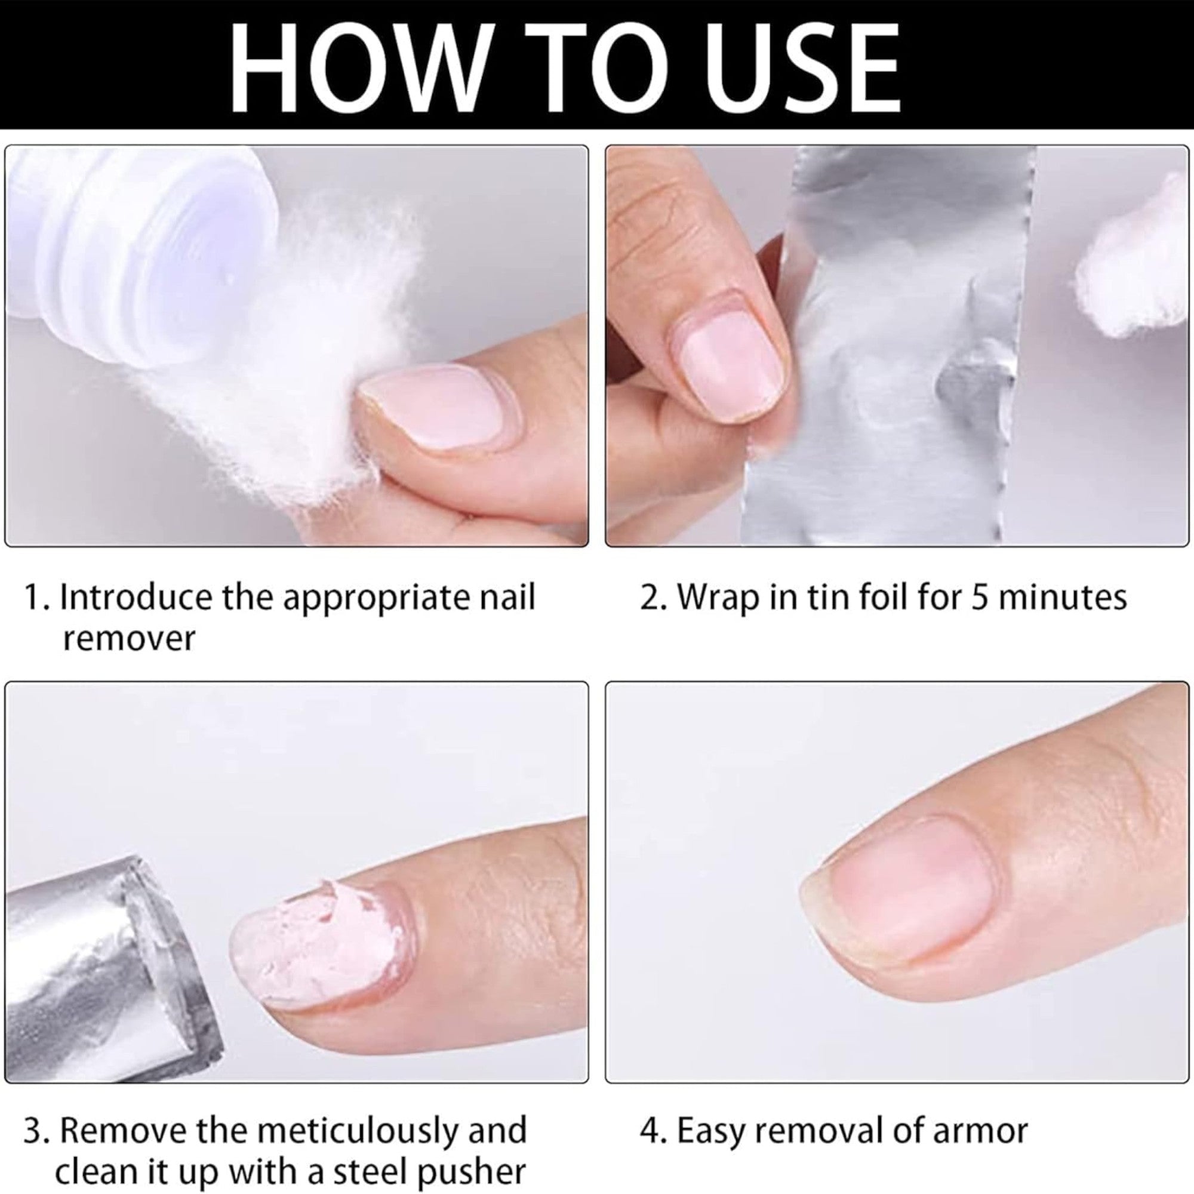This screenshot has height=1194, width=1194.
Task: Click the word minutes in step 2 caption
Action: [x=1063, y=597]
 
